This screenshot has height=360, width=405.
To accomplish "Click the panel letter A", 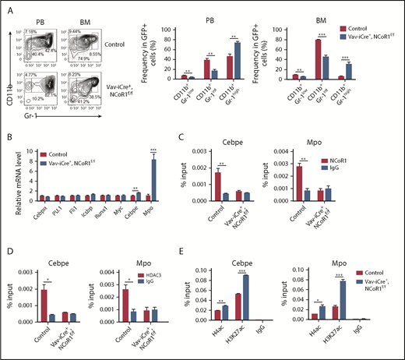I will pyautogui.click(x=5, y=7).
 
